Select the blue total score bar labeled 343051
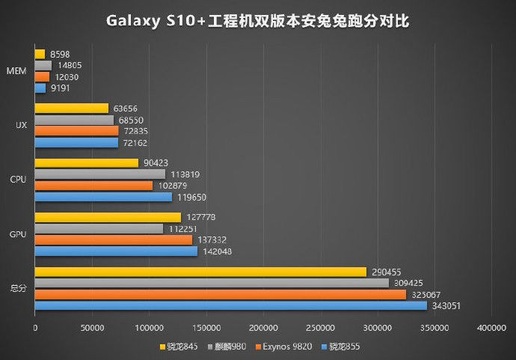pyautogui.click(x=230, y=305)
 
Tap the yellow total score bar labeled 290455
pyautogui.click(x=200, y=272)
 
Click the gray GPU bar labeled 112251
pyautogui.click(x=99, y=228)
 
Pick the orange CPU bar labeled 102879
pyautogui.click(x=93, y=186)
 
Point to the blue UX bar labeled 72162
pyautogui.click(x=76, y=142)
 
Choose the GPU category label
pyautogui.click(x=19, y=234)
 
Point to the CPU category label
pyautogui.click(x=19, y=180)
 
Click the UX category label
pyautogui.click(x=21, y=125)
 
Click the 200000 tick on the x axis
pyautogui.click(x=263, y=328)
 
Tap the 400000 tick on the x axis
pyautogui.click(x=491, y=328)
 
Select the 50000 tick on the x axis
pyautogui.click(x=92, y=328)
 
